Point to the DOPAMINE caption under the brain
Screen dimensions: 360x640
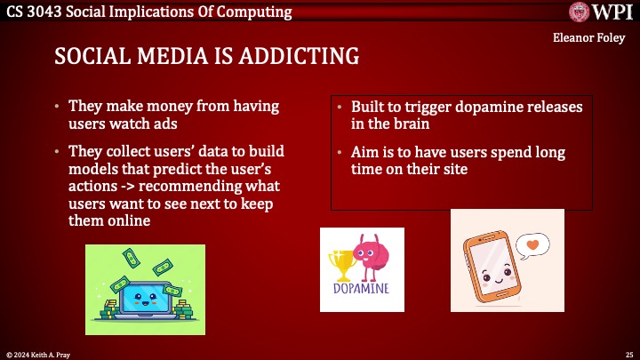[x=362, y=288]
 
